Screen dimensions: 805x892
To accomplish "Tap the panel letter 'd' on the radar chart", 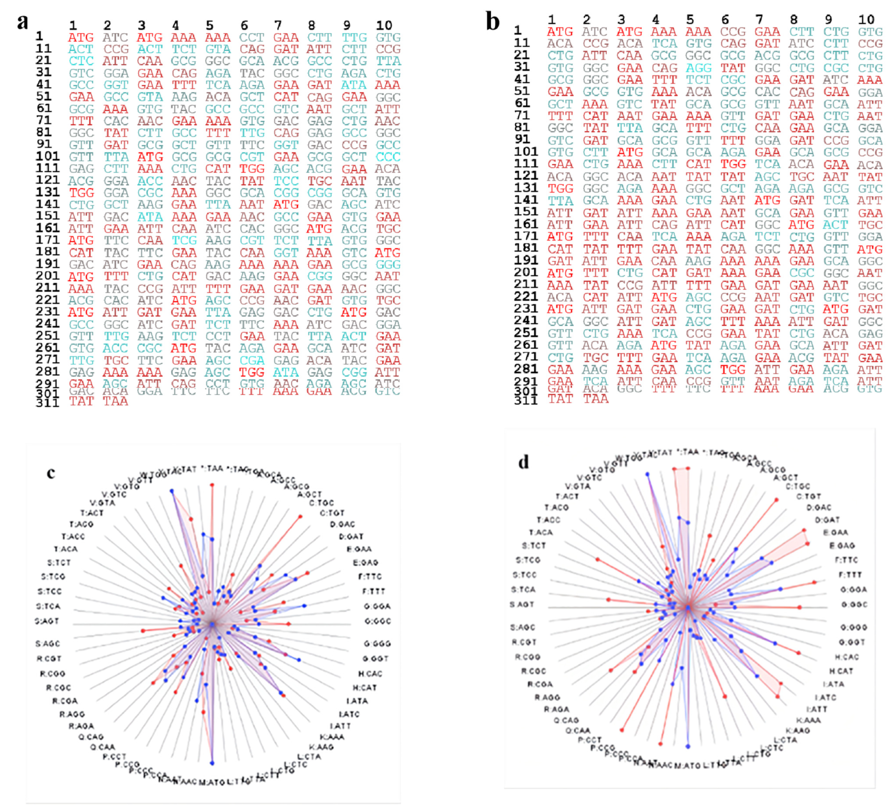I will tap(523, 463).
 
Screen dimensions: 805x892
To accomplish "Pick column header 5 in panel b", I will tap(690, 20).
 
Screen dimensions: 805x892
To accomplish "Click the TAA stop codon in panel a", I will tap(115, 401).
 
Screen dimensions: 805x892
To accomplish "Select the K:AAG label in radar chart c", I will tap(321, 747).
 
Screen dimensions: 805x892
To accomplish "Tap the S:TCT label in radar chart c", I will tap(59, 563).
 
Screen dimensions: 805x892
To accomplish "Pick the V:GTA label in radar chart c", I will tap(102, 503).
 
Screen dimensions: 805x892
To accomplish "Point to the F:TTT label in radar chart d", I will tap(850, 575).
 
